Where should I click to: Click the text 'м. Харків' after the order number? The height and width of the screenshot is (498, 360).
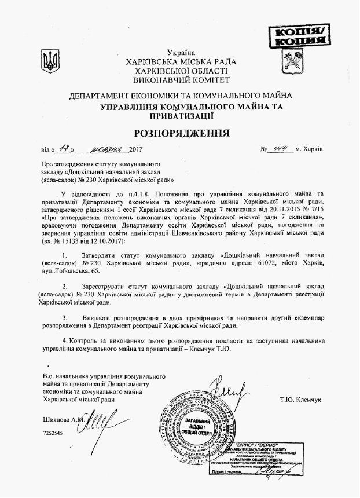(308, 150)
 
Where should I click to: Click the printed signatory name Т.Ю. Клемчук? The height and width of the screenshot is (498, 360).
(300, 400)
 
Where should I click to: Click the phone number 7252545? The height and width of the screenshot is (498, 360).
(53, 433)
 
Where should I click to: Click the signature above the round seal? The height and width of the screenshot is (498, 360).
(227, 387)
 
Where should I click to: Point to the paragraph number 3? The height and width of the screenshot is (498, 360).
(67, 318)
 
